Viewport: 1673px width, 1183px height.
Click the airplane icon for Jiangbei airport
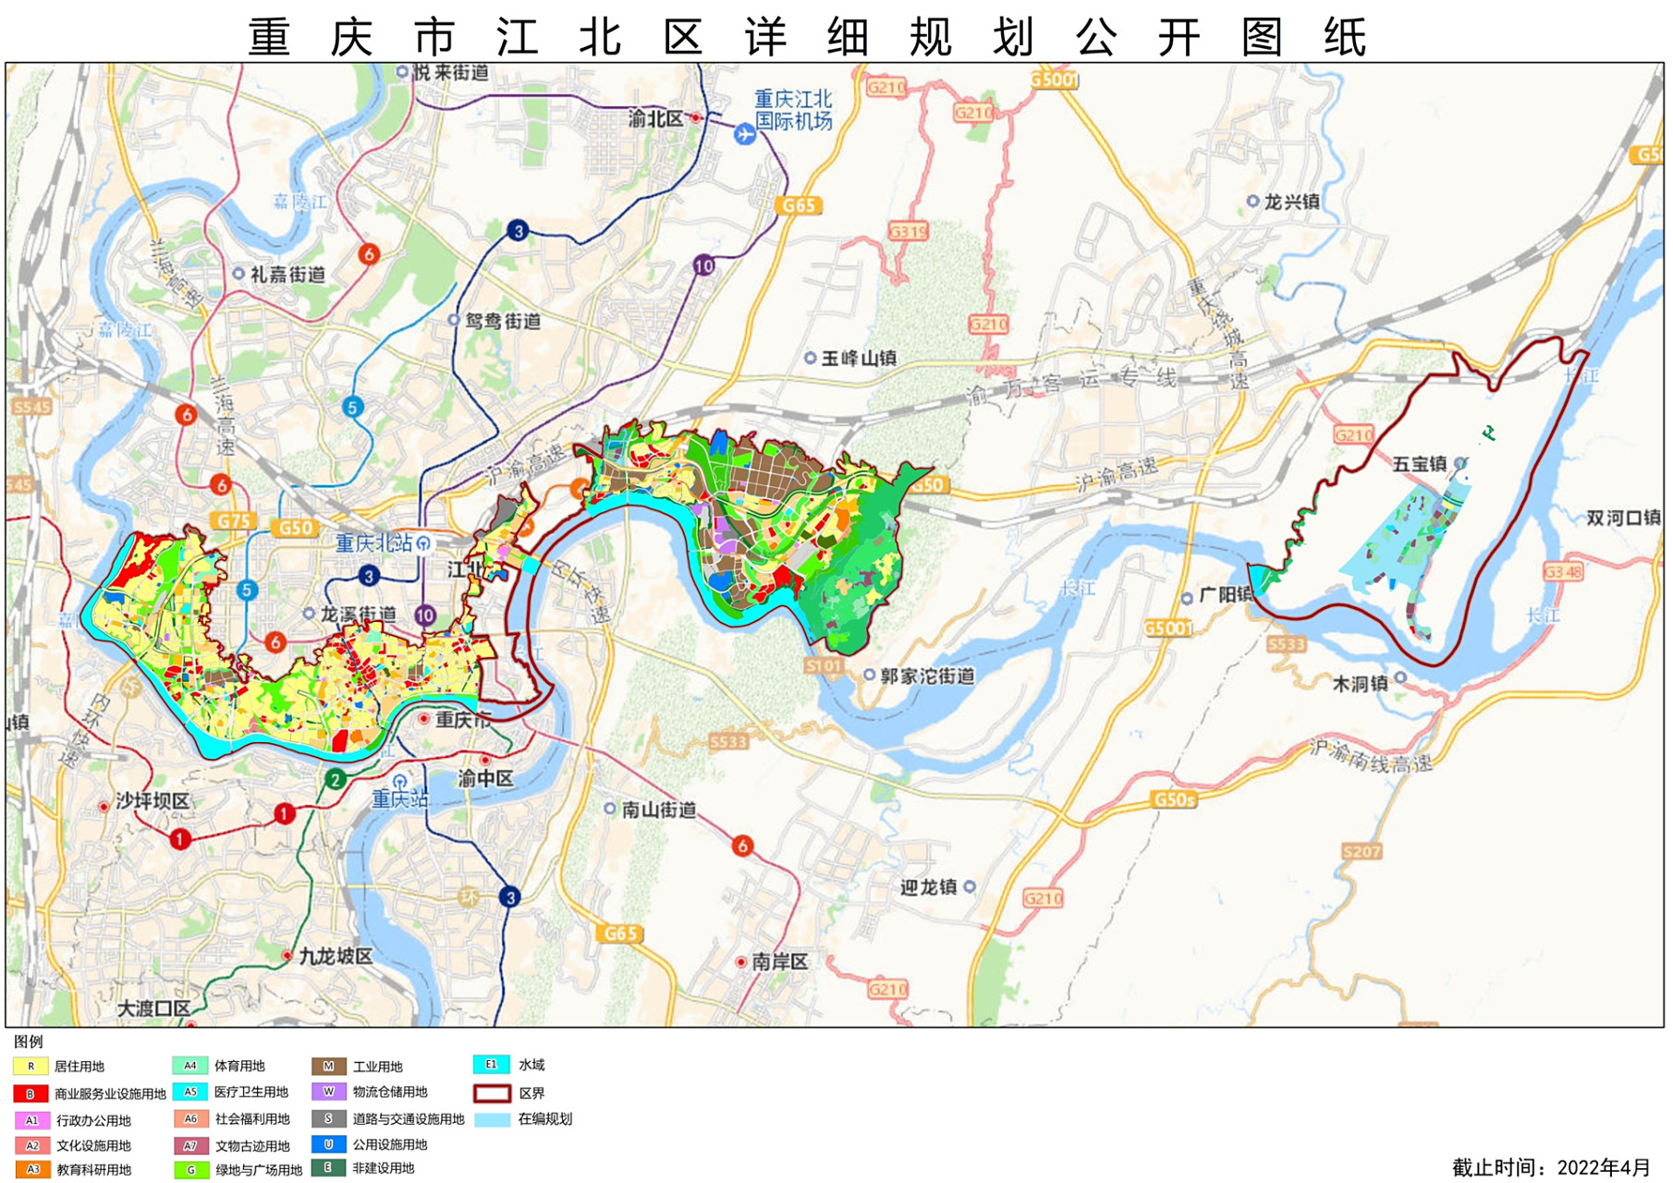(x=745, y=134)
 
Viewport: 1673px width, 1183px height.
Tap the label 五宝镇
(x=1420, y=464)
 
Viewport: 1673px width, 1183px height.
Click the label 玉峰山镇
(x=858, y=358)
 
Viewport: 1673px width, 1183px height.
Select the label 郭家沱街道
(x=926, y=676)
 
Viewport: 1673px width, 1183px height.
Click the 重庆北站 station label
(x=373, y=543)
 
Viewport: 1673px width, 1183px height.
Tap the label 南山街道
(x=658, y=810)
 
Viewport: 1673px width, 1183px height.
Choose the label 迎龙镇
(x=928, y=887)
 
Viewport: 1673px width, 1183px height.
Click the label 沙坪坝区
(x=152, y=801)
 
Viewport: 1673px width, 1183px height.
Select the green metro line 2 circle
(x=336, y=779)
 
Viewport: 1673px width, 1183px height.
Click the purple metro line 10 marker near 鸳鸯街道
(x=703, y=266)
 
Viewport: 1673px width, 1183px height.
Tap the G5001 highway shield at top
(x=1054, y=80)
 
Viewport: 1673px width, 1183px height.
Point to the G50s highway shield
(x=1173, y=799)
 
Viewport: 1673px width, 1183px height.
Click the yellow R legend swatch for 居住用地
(x=31, y=1067)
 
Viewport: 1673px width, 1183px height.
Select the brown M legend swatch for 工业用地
(x=328, y=1067)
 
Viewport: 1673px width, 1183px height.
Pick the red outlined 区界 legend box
(x=492, y=1093)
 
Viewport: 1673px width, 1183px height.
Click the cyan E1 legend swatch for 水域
(x=492, y=1065)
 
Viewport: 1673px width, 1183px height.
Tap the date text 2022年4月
(x=1603, y=1167)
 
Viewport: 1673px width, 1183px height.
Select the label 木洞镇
(x=1360, y=684)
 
